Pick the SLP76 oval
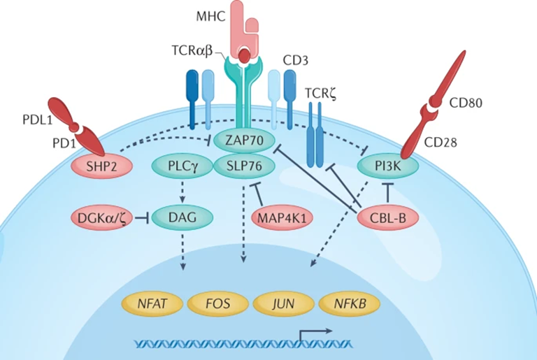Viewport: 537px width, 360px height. [x=240, y=166]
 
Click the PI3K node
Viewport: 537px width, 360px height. [x=387, y=166]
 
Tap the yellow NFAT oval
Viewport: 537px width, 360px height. [x=153, y=305]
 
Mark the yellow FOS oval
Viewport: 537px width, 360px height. [x=218, y=305]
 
